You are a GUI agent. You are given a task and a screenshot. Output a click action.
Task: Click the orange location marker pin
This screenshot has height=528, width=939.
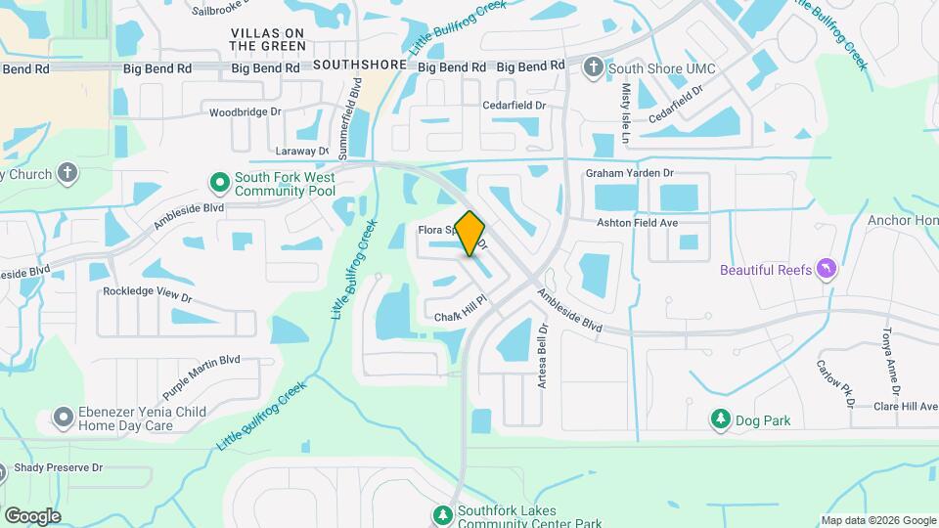pyautogui.click(x=470, y=233)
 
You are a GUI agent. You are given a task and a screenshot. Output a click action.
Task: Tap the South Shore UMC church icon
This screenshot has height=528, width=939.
pyautogui.click(x=594, y=67)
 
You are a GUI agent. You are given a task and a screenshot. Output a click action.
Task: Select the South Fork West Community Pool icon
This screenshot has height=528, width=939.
pyautogui.click(x=220, y=183)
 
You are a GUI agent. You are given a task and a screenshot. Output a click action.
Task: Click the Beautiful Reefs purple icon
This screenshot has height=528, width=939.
pyautogui.click(x=827, y=269)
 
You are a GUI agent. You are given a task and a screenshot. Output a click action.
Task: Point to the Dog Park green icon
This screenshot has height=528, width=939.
pyautogui.click(x=721, y=419)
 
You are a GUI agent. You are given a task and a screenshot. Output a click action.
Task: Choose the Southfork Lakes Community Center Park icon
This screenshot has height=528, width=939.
pyautogui.click(x=443, y=514)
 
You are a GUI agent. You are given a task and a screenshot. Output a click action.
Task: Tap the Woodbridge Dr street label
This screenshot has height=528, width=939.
pyautogui.click(x=245, y=112)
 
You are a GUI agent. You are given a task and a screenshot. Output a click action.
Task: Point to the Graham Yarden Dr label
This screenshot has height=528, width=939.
pyautogui.click(x=630, y=173)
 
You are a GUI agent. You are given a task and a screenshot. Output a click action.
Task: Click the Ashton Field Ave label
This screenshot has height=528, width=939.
pyautogui.click(x=638, y=223)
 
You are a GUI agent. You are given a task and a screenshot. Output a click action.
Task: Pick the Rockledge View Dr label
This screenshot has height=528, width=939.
pyautogui.click(x=147, y=291)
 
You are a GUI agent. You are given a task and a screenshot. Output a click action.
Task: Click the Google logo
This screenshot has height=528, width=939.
pyautogui.click(x=32, y=515)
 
